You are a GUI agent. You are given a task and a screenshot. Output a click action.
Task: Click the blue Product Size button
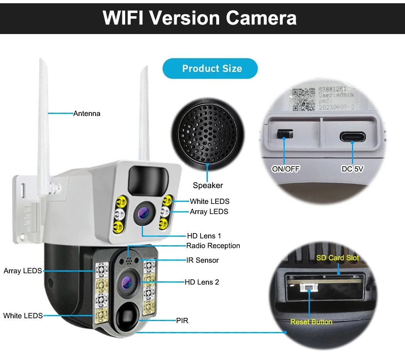210,69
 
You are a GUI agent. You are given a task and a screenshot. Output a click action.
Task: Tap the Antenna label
87,114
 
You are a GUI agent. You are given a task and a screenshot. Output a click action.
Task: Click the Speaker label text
208,185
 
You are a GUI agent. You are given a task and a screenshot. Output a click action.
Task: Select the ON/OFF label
286,169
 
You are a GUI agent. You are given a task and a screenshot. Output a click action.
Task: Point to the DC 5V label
352,169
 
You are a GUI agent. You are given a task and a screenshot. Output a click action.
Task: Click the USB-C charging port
352,136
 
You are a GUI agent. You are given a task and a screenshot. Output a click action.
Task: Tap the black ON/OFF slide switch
284,133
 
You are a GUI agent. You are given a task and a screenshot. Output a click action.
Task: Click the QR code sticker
303,98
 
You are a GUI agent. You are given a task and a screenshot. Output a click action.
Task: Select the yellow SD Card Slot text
337,258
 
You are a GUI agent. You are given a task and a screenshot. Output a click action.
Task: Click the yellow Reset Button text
311,322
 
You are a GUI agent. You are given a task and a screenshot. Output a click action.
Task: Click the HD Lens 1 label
204,236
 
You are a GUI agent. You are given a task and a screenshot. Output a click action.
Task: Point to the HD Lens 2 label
202,282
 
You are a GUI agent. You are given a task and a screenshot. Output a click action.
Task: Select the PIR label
182,321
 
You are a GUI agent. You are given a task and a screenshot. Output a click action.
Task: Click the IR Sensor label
202,260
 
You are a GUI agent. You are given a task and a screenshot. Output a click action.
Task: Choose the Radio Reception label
213,246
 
